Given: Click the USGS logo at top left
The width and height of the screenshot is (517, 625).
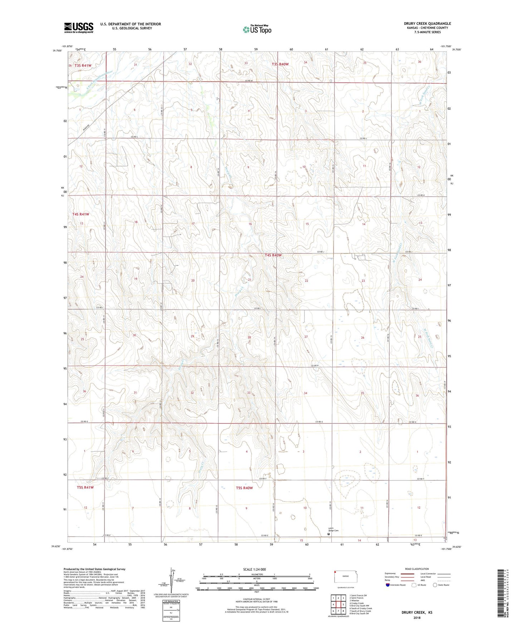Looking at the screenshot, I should click(78, 28).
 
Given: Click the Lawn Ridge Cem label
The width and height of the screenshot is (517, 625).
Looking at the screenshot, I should click(333, 530).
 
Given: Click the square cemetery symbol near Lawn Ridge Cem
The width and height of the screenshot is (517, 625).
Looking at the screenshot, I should click(329, 534).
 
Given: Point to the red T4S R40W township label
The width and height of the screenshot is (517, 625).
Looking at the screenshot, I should click(273, 255).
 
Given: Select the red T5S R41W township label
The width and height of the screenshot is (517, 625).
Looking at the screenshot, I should click(85, 487).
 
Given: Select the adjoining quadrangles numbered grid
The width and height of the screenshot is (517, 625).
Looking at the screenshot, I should click(338, 605).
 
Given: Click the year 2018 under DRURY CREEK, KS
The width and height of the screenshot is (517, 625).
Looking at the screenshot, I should click(417, 617).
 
